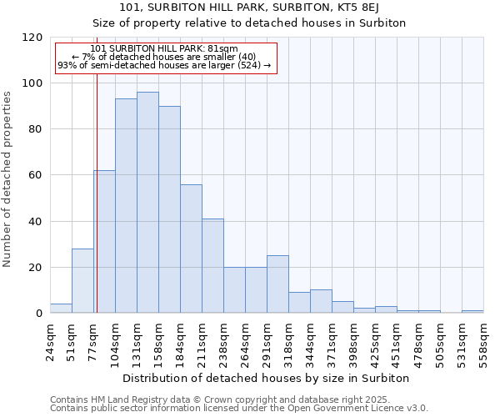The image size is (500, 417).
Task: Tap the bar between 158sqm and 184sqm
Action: pos(169,209)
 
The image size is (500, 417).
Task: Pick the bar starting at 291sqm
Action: pos(277,284)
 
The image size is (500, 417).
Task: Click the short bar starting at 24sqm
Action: pos(61,309)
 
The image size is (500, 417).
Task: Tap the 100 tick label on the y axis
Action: pos(32,83)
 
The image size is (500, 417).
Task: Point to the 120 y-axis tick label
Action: pos(32,38)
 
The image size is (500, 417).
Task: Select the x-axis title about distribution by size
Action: pos(266,378)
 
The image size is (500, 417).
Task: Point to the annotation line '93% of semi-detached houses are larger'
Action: pos(164,65)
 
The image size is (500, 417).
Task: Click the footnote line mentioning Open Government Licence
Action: pos(239,408)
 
